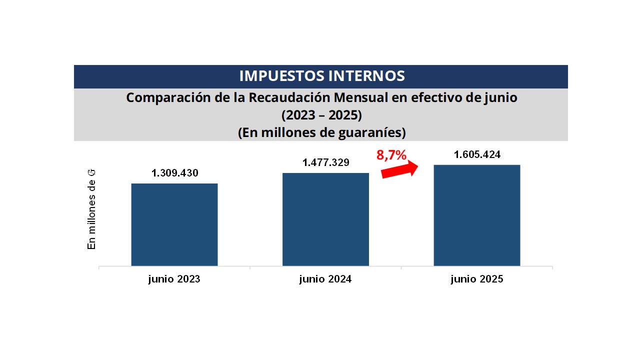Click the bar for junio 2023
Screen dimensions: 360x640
174,224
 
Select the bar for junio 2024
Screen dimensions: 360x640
325,219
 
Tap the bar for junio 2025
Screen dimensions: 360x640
476,215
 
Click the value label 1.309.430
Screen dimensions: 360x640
175,173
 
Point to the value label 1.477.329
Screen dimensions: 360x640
325,162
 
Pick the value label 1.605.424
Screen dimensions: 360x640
477,154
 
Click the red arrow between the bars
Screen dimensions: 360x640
399,169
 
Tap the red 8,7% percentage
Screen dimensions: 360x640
391,155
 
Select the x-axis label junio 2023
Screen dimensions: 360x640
174,279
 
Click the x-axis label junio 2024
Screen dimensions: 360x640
325,279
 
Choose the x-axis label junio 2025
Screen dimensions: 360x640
476,279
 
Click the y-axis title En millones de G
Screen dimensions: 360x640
91,209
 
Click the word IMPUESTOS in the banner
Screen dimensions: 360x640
281,76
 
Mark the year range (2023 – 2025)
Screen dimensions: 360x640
321,115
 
